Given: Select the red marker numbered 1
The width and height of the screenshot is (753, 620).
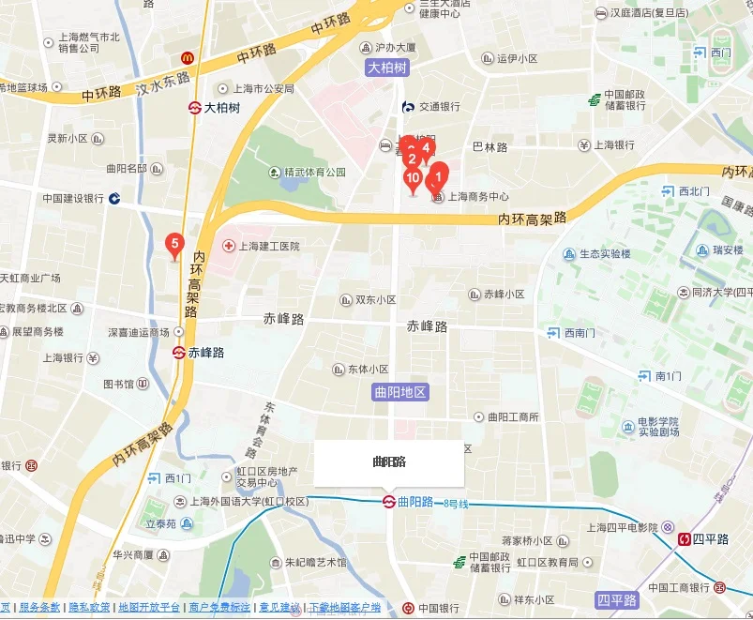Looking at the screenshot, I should coord(438,174).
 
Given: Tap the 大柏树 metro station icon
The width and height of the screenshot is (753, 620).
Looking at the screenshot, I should coord(195,108).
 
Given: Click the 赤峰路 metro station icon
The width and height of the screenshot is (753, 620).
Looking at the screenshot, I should coord(178,354).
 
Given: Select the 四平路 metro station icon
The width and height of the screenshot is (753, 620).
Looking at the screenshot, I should coord(685,539).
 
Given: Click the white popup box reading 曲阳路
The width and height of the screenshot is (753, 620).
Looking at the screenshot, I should coord(388,462).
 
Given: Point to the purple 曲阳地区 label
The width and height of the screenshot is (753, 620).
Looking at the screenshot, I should coord(399,392).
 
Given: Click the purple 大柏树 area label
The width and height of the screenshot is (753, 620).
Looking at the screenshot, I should coord(387,68).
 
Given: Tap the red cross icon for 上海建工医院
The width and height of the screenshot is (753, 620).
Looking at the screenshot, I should coord(228,246).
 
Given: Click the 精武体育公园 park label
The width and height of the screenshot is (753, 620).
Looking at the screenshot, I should coord(308,173).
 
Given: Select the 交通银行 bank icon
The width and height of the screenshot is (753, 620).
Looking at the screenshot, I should coord(408,107).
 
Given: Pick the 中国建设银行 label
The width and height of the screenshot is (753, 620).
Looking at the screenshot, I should coord(72,199).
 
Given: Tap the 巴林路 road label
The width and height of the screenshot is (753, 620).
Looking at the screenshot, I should coord(489,147).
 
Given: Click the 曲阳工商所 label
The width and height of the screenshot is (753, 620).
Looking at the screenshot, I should coord(513,416).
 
